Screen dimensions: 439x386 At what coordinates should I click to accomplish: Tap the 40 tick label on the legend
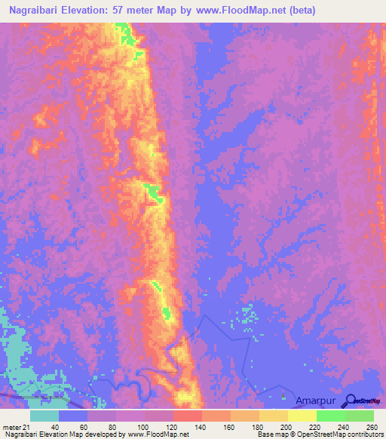click(x=55, y=427)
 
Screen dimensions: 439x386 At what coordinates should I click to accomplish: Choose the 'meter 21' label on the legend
click(x=17, y=427)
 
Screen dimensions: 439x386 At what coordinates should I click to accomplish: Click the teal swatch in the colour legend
click(x=44, y=416)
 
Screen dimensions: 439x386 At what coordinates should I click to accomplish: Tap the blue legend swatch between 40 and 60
click(x=73, y=416)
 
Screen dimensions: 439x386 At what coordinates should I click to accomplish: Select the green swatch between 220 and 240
click(x=331, y=416)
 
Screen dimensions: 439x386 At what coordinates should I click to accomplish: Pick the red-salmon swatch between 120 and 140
click(x=188, y=416)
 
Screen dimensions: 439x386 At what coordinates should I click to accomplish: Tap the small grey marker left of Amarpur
click(x=283, y=395)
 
